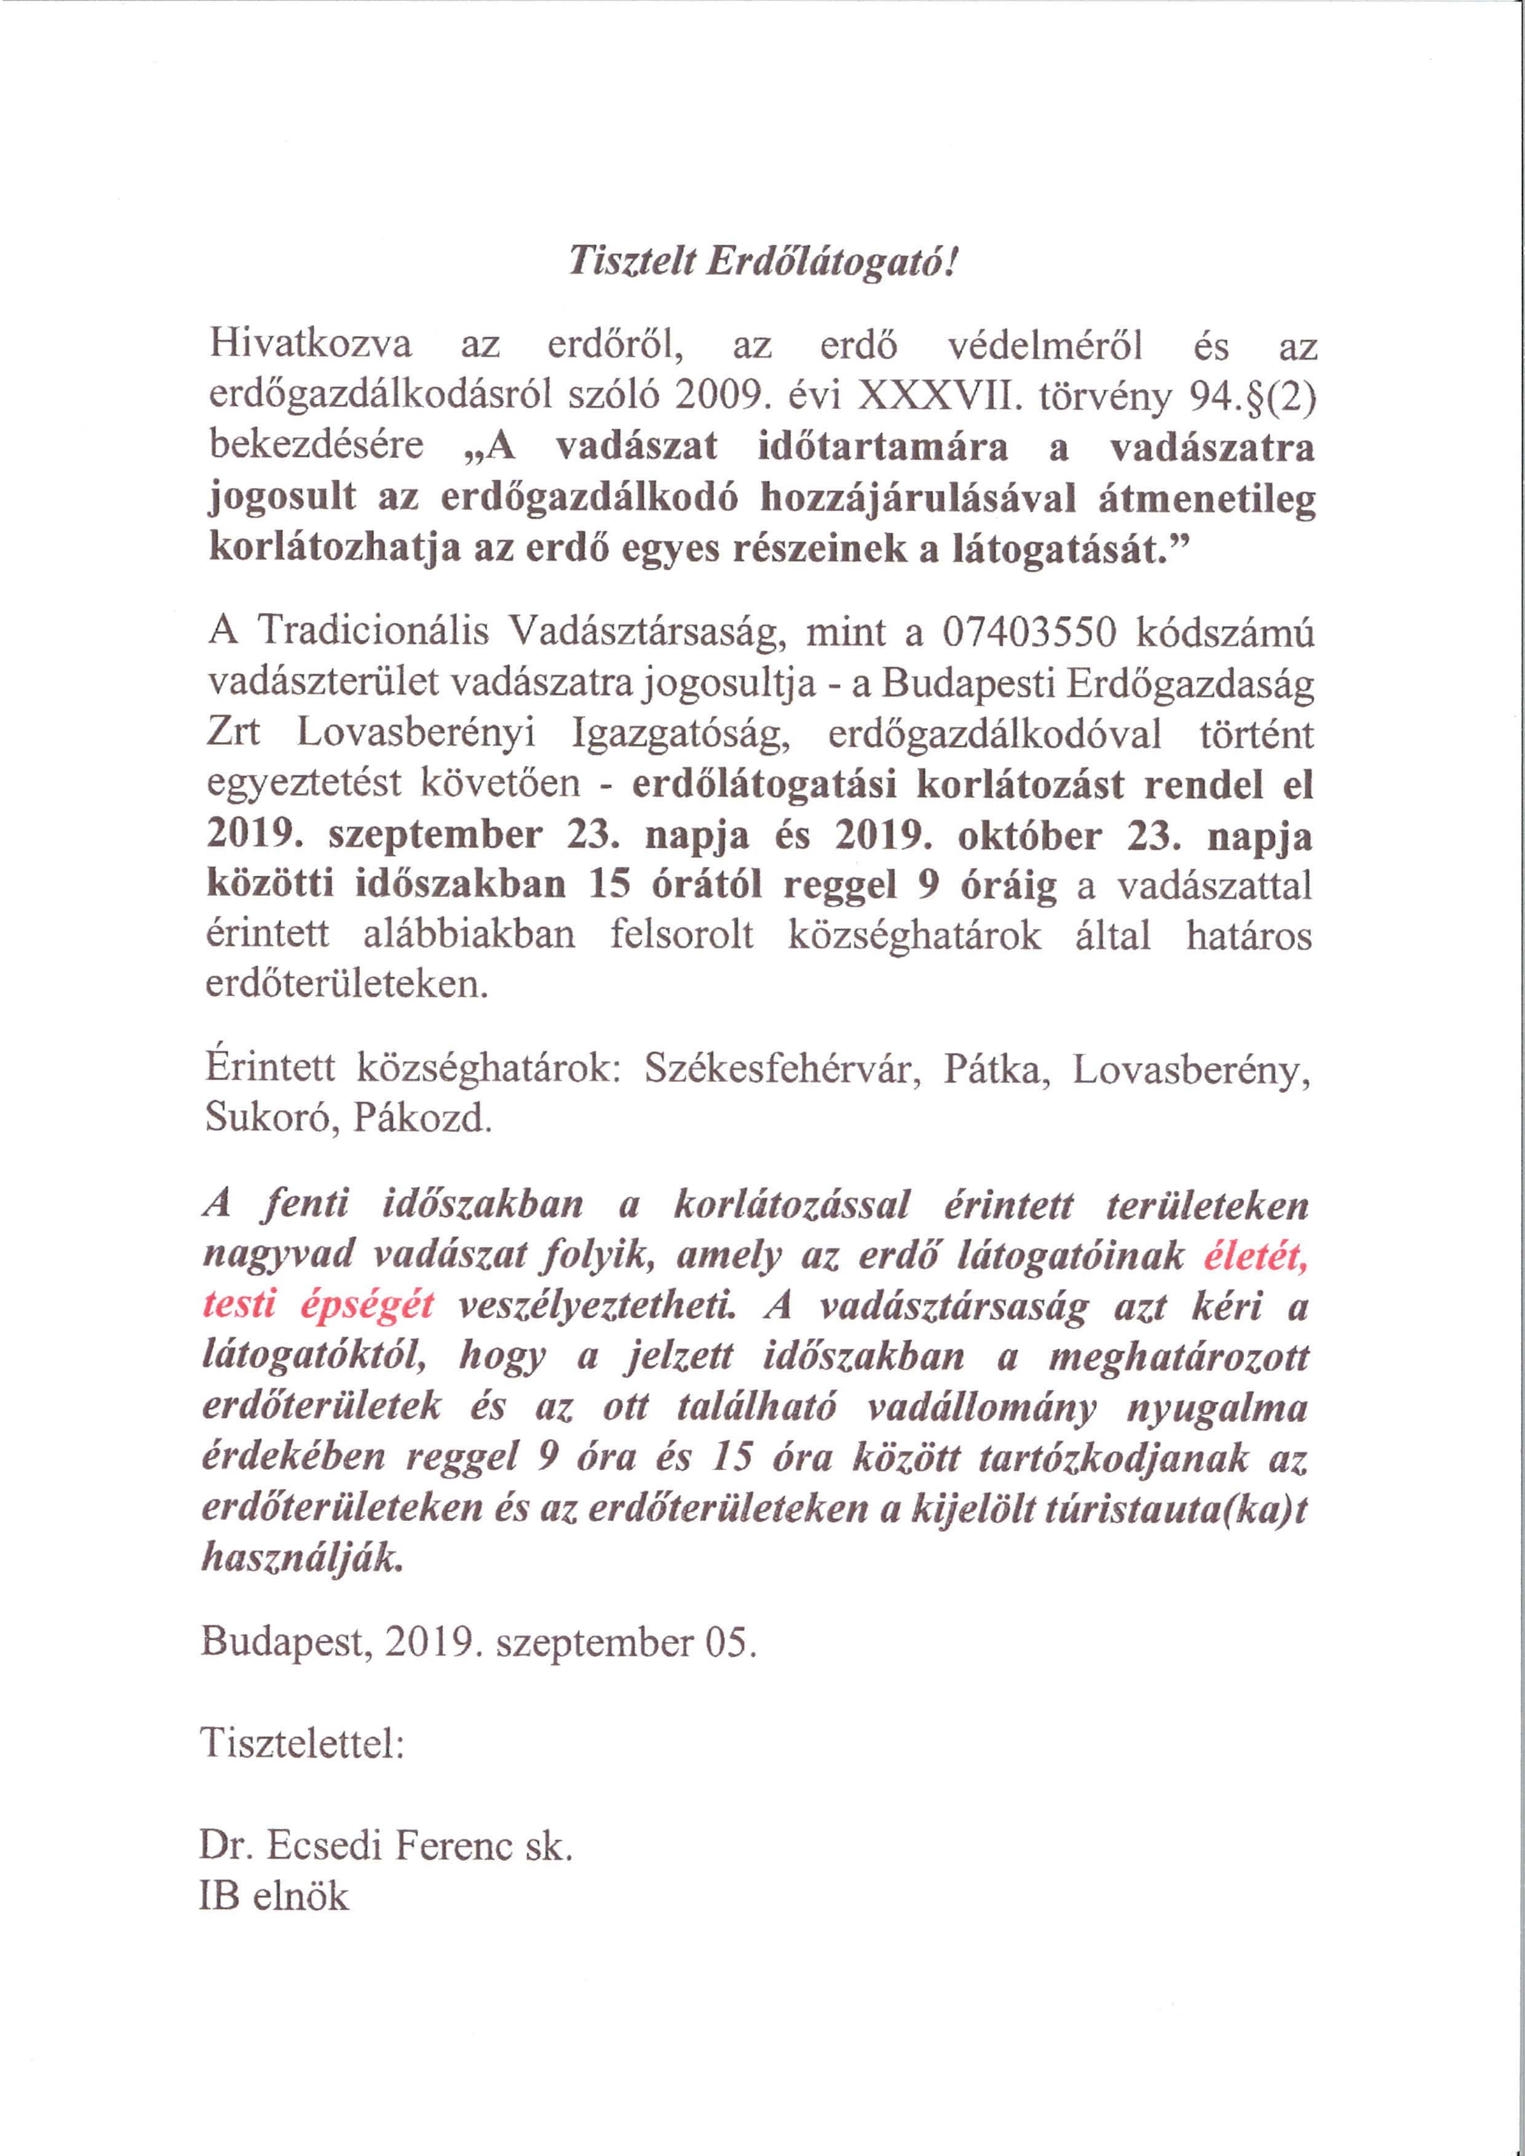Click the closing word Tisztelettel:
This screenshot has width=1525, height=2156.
tap(303, 1743)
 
